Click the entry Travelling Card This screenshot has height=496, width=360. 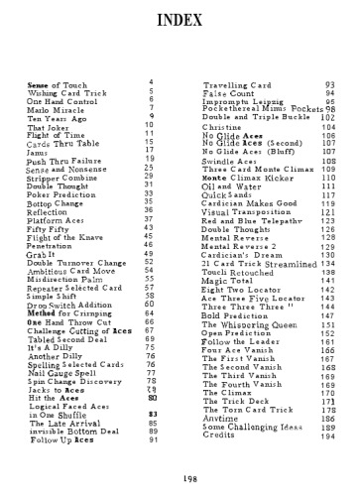(236, 88)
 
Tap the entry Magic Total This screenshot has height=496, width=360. (229, 282)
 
